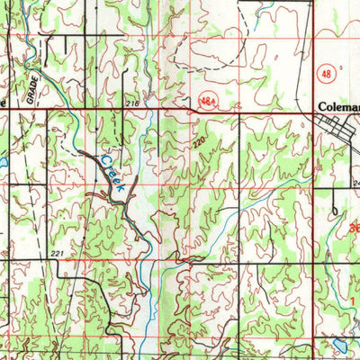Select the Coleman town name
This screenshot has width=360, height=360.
tap(338, 106)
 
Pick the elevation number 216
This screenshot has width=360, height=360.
tap(134, 105)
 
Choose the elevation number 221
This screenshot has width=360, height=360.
tap(57, 255)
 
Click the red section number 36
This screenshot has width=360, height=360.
tap(353, 229)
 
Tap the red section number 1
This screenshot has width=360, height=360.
tap(354, 299)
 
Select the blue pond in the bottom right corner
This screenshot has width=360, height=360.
tap(338, 345)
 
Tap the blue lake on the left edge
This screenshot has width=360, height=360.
tap(3, 164)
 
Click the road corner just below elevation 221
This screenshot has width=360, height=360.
tap(72, 264)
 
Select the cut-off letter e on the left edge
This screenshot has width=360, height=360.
tap(4, 103)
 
